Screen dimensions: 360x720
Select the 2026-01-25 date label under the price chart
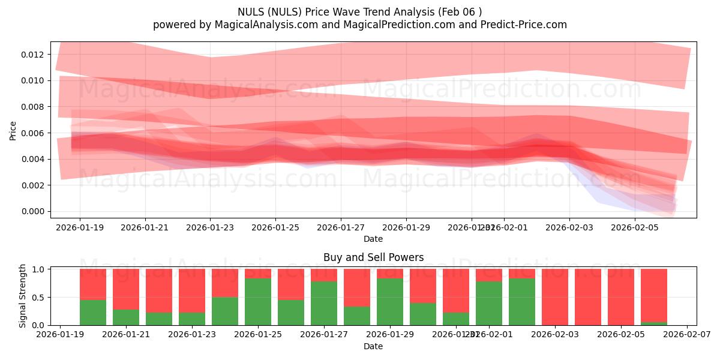point(275,228)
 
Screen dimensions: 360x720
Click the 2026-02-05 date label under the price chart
point(635,228)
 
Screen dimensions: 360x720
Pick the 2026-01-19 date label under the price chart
point(80,228)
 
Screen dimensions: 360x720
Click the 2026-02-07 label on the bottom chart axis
point(686,335)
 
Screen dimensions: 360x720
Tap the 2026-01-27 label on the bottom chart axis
point(323,335)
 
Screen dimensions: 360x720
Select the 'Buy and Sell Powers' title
point(373,257)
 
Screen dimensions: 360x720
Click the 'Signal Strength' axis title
point(23,296)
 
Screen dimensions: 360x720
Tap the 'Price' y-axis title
point(13,130)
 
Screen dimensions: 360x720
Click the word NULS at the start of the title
point(249,12)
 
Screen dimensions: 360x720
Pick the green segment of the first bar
point(93,312)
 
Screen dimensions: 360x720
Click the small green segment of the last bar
point(654,323)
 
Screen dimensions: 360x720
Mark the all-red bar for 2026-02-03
point(555,297)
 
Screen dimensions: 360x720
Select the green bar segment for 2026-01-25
point(258,301)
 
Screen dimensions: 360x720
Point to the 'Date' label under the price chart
point(373,239)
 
